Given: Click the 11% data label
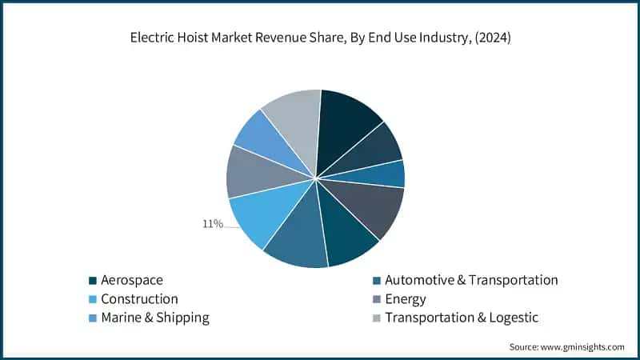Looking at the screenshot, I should (212, 224).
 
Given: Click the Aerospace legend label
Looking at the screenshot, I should (132, 280).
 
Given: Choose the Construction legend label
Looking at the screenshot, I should (139, 299).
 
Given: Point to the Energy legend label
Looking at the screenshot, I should (406, 299).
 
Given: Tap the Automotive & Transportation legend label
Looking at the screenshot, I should (471, 280).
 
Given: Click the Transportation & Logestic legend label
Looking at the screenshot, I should (462, 318).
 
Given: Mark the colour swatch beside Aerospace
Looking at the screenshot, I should (94, 281).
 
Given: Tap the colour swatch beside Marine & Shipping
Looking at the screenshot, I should (94, 318).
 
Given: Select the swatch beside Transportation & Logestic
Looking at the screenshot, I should (377, 318).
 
